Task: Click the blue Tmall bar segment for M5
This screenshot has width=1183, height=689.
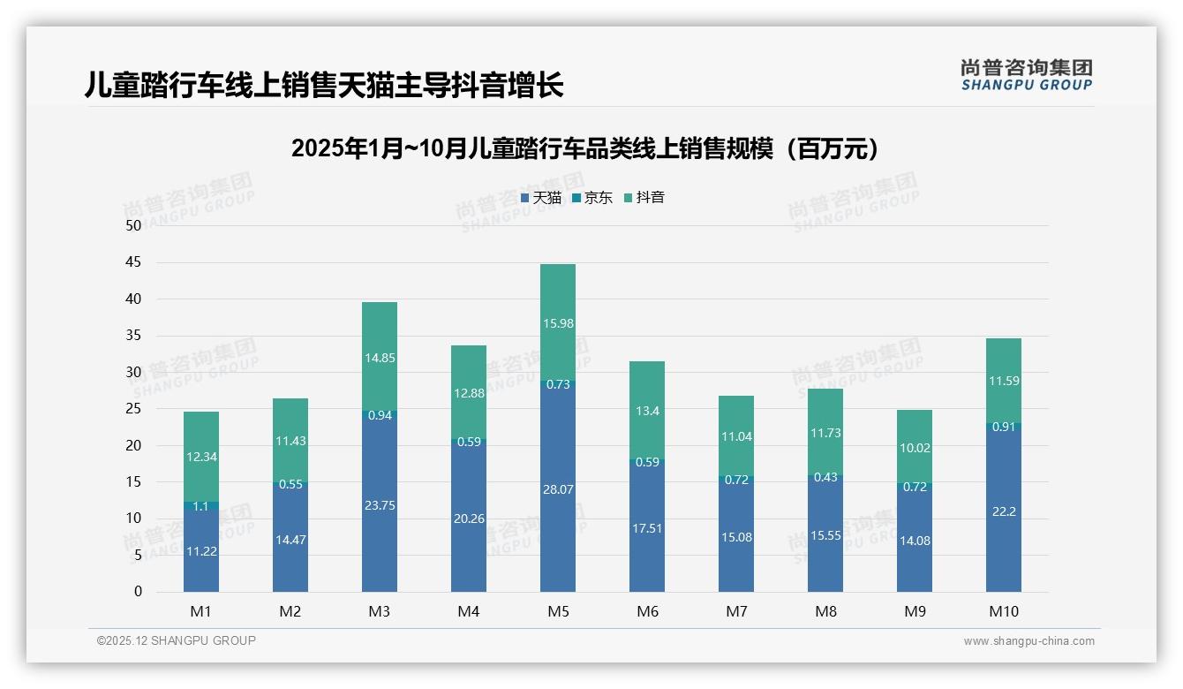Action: (x=557, y=486)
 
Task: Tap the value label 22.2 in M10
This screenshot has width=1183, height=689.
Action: (x=1003, y=511)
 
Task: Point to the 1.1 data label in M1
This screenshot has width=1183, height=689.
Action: (x=200, y=506)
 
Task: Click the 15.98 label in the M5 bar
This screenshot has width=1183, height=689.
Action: (x=557, y=323)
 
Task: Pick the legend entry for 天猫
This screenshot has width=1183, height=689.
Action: (x=541, y=198)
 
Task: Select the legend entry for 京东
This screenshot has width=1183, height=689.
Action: (x=592, y=198)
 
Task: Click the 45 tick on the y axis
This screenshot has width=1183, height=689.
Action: (x=133, y=262)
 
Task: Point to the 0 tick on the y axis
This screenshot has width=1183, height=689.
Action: (x=138, y=592)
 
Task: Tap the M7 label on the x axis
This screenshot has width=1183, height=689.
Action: (x=736, y=611)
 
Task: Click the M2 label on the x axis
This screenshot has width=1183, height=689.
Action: (x=290, y=611)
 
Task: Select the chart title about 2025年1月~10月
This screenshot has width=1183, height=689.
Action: (x=585, y=148)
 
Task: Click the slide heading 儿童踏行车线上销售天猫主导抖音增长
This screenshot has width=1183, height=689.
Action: (x=324, y=86)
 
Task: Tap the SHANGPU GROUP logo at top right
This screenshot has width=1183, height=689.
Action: (x=1026, y=74)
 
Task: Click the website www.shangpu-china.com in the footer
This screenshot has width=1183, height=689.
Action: (x=1029, y=641)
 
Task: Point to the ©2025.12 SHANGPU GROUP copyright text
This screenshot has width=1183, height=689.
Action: (x=177, y=641)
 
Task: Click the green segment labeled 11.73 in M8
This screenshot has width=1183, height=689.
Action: (x=825, y=431)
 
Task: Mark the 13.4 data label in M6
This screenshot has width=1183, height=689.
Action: (x=646, y=410)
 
